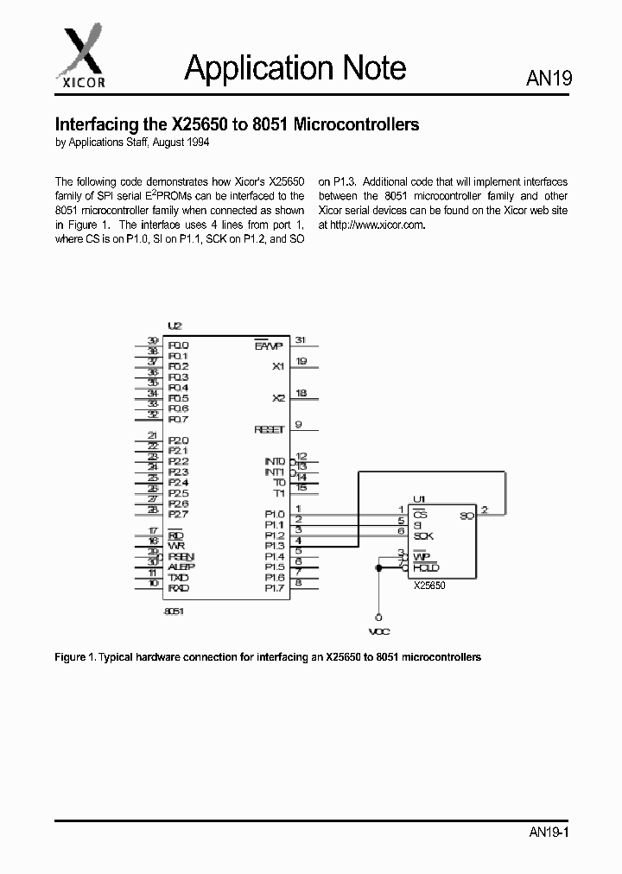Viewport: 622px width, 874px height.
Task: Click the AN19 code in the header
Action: coord(549,79)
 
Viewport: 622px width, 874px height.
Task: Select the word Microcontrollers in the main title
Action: coord(357,124)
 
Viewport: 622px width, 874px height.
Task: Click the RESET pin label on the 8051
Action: coord(270,429)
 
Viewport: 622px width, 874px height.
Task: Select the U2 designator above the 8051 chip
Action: coord(175,326)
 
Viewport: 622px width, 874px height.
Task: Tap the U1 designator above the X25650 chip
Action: coord(419,499)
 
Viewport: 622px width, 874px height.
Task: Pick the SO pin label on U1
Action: coord(466,516)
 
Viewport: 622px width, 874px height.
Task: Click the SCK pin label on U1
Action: coord(423,536)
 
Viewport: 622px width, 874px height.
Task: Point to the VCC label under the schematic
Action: coord(379,632)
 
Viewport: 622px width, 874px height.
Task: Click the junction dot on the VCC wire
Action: coord(378,567)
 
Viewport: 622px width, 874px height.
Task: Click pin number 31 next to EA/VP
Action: coord(301,340)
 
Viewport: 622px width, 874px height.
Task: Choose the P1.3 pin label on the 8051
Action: coord(275,546)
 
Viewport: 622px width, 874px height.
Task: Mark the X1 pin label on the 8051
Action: coord(278,366)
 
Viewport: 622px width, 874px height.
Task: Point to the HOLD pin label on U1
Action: coord(426,567)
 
